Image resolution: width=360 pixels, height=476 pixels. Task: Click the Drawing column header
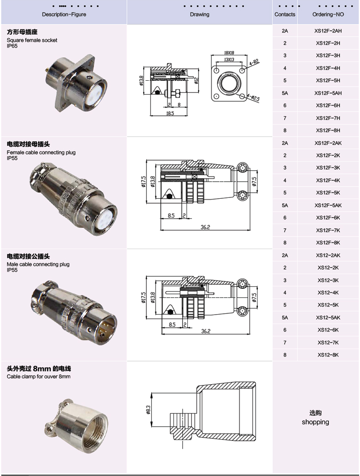pyautogui.click(x=199, y=14)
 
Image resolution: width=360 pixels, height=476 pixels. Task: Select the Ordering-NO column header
pyautogui.click(x=328, y=14)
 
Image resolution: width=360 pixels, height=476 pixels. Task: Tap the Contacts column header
pyautogui.click(x=285, y=14)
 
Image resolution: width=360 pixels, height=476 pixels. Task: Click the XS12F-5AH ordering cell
pyautogui.click(x=328, y=93)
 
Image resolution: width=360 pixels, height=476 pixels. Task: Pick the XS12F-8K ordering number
pyautogui.click(x=328, y=243)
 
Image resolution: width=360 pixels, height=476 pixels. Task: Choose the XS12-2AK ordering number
pyautogui.click(x=328, y=256)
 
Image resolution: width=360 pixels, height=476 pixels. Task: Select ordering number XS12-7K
pyautogui.click(x=328, y=342)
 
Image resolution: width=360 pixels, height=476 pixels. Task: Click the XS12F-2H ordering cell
pyautogui.click(x=328, y=43)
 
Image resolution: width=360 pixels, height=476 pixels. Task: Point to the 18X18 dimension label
pyautogui.click(x=229, y=53)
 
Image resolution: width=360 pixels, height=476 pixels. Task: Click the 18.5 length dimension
pyautogui.click(x=170, y=113)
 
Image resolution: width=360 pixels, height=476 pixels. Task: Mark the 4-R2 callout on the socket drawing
pyautogui.click(x=254, y=62)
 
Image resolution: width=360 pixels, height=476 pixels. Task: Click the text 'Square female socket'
pyautogui.click(x=32, y=40)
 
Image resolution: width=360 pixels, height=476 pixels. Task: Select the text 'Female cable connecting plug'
pyautogui.click(x=42, y=152)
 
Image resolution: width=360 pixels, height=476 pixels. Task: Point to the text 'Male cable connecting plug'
pyautogui.click(x=38, y=264)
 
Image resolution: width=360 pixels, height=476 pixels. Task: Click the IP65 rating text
pyautogui.click(x=12, y=46)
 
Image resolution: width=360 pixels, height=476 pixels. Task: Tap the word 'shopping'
pyautogui.click(x=315, y=422)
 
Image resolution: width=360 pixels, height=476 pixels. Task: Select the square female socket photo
pyautogui.click(x=77, y=83)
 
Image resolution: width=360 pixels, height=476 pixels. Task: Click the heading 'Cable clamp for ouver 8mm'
pyautogui.click(x=39, y=377)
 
